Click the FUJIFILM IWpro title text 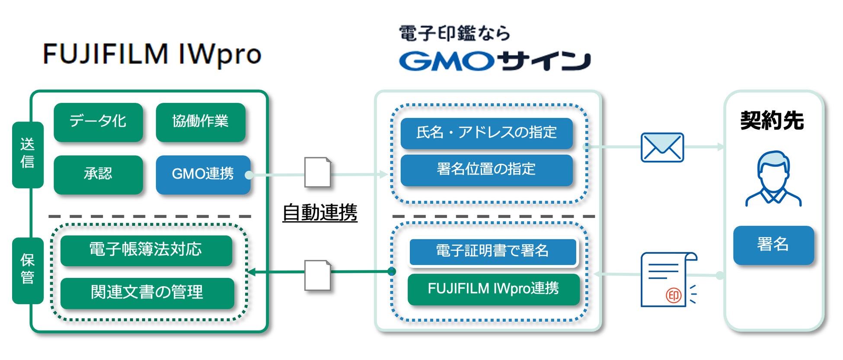(x=152, y=54)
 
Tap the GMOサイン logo (x=495, y=61)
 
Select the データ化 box (x=98, y=122)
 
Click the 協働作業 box (x=201, y=122)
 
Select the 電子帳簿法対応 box (x=146, y=250)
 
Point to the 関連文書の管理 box (x=147, y=293)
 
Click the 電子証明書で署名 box (x=493, y=252)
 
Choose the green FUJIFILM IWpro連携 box (x=493, y=289)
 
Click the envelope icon (x=662, y=147)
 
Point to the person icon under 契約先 (x=773, y=178)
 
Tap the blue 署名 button (x=773, y=245)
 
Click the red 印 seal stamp (x=674, y=295)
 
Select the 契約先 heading (x=772, y=121)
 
